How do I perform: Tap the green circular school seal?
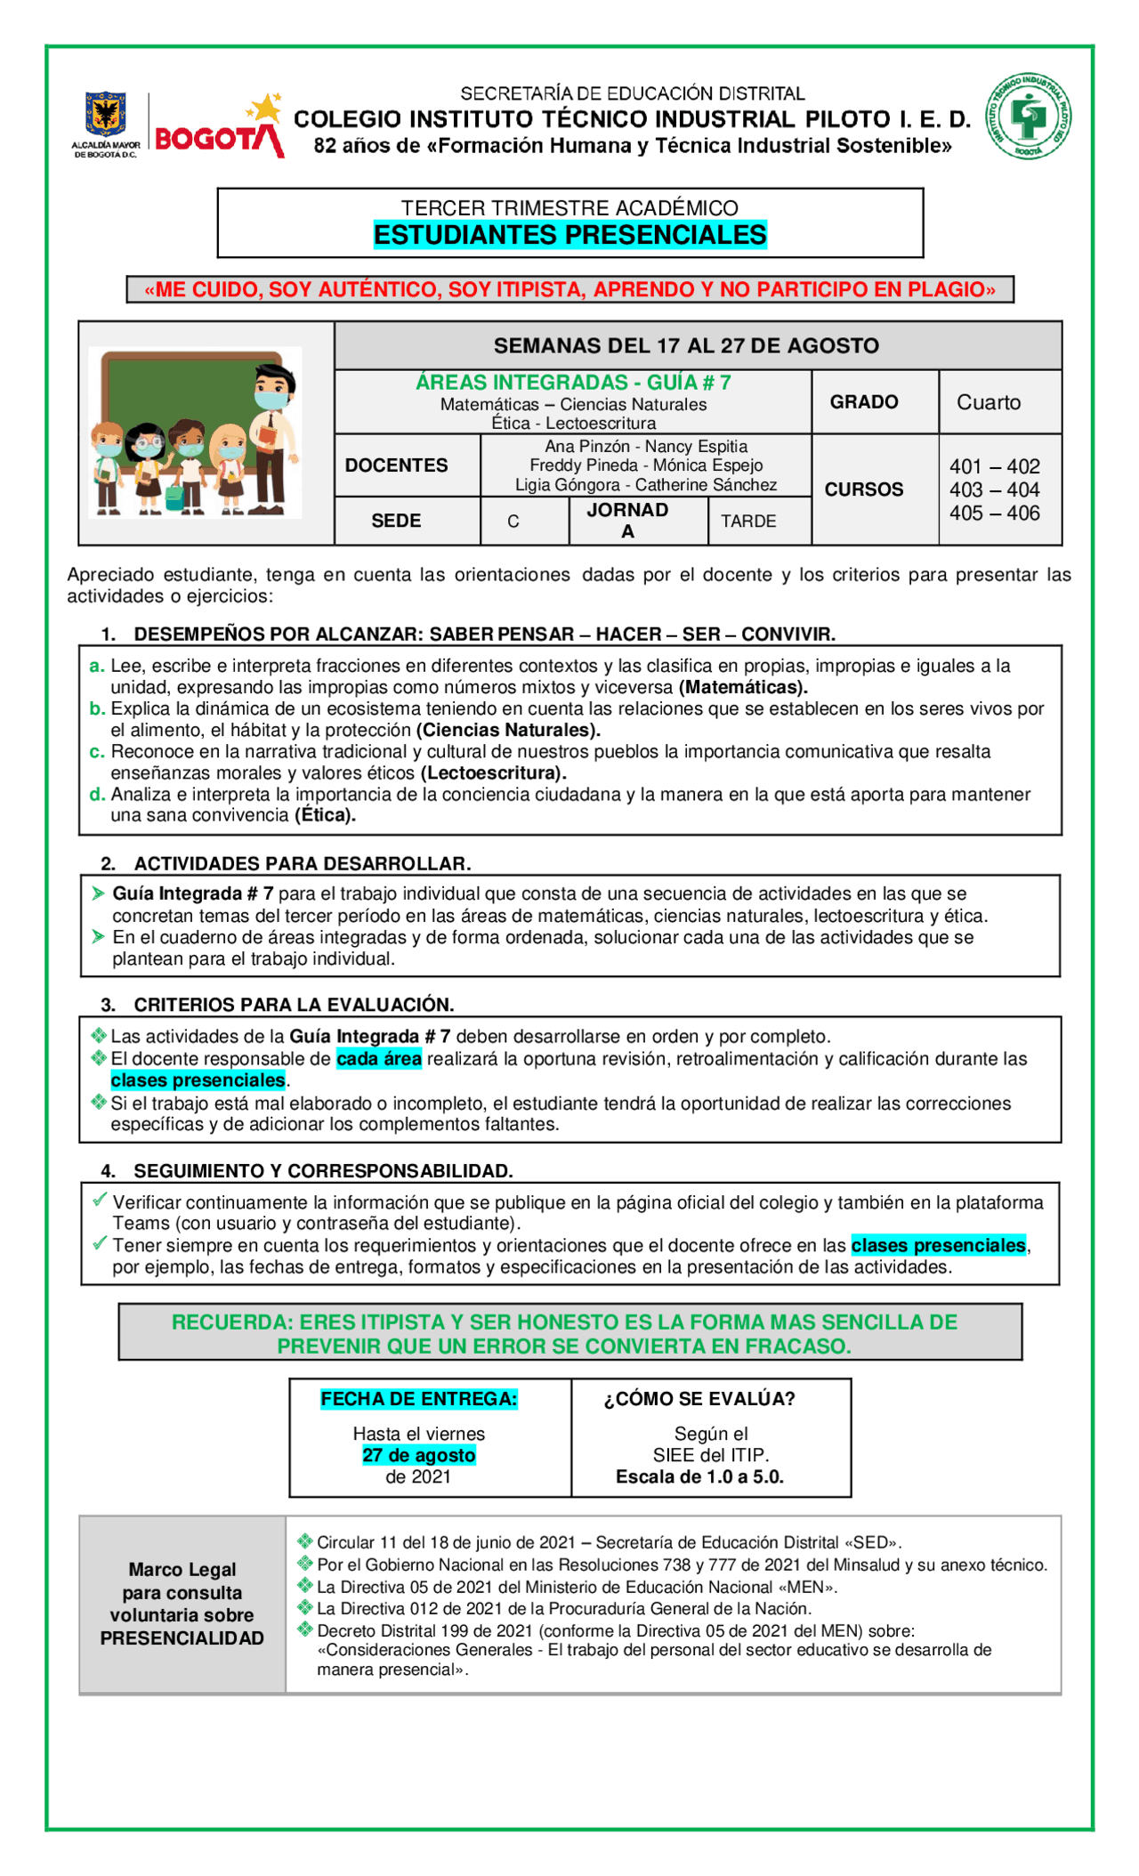(1028, 117)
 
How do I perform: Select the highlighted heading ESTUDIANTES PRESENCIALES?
(569, 235)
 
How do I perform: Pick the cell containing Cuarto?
(989, 402)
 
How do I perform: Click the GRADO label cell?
(864, 402)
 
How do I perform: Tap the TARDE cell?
(748, 522)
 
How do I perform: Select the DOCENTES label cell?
(396, 465)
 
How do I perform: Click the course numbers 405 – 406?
(994, 513)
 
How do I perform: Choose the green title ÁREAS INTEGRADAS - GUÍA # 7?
(573, 383)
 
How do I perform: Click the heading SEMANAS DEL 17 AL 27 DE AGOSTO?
(686, 346)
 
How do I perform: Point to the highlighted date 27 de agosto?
(418, 1455)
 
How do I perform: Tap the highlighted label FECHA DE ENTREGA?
(418, 1399)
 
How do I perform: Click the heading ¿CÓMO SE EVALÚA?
(699, 1399)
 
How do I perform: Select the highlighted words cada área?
(378, 1059)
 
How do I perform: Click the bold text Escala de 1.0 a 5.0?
(699, 1477)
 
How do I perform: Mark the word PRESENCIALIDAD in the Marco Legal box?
(182, 1638)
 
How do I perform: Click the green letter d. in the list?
(97, 795)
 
